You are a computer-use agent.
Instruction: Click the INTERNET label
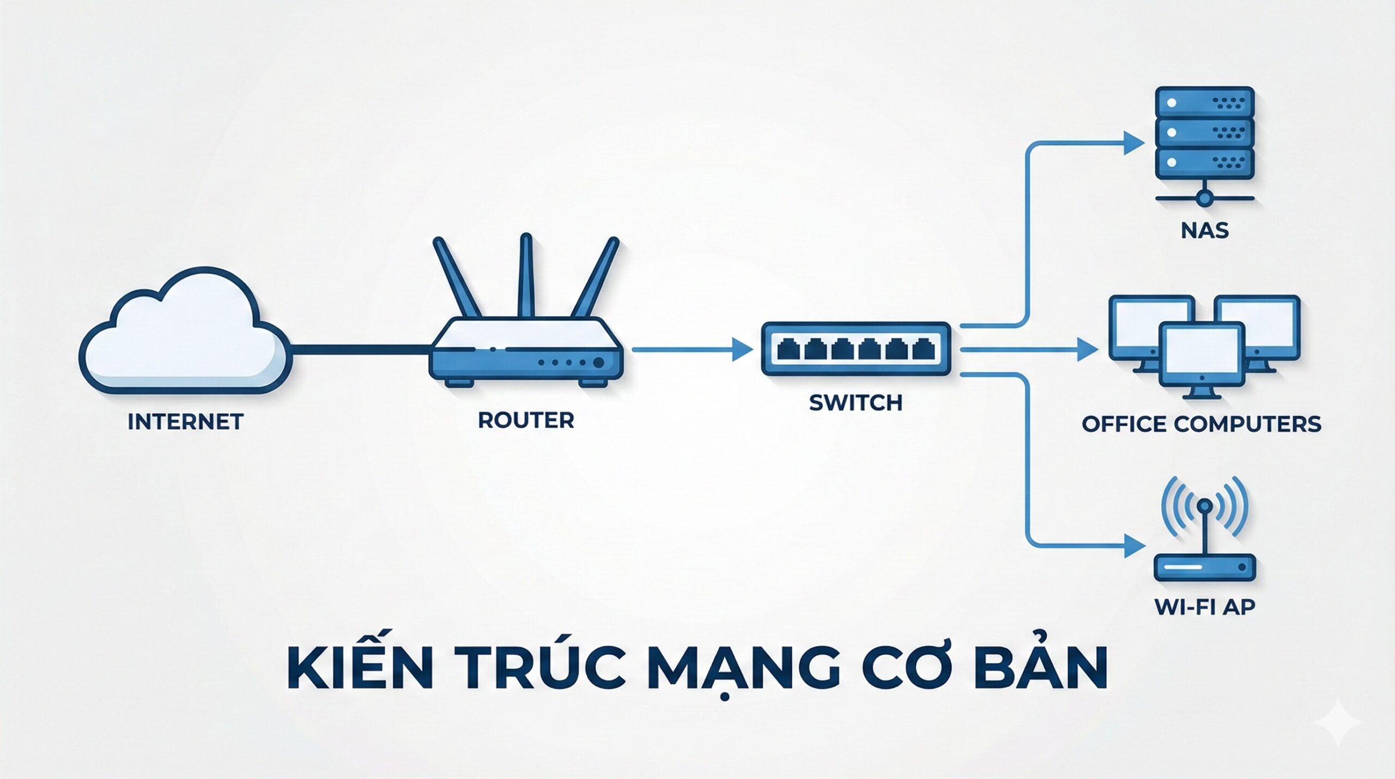185,421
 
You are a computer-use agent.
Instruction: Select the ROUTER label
526,420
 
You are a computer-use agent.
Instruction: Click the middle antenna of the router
526,275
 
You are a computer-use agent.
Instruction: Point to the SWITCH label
856,403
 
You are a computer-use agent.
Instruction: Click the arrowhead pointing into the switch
742,349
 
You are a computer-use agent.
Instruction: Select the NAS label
1205,231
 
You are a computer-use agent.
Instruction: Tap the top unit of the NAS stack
1205,102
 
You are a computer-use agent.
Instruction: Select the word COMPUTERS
1247,424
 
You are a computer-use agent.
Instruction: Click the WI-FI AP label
1205,607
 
